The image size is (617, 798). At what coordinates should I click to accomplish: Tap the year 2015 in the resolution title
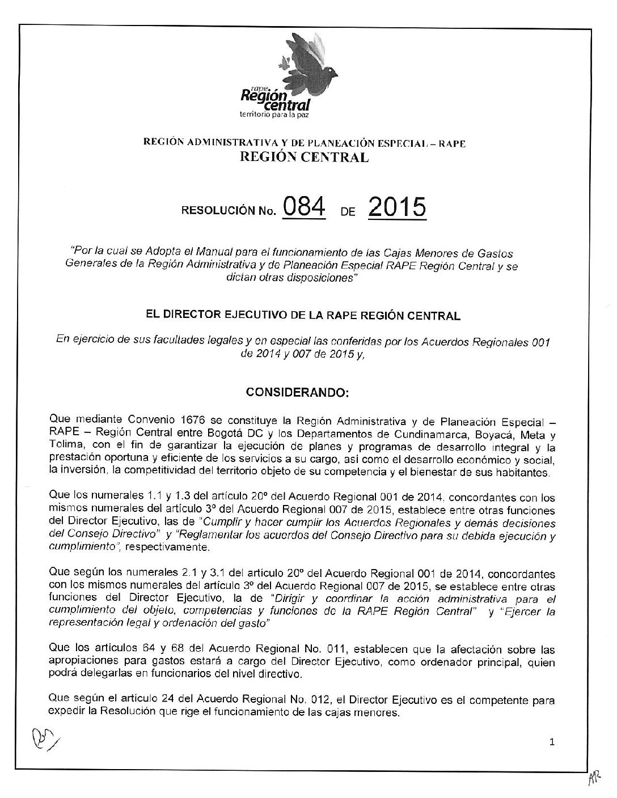pyautogui.click(x=397, y=209)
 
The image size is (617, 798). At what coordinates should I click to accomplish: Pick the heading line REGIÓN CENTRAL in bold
pyautogui.click(x=305, y=158)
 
